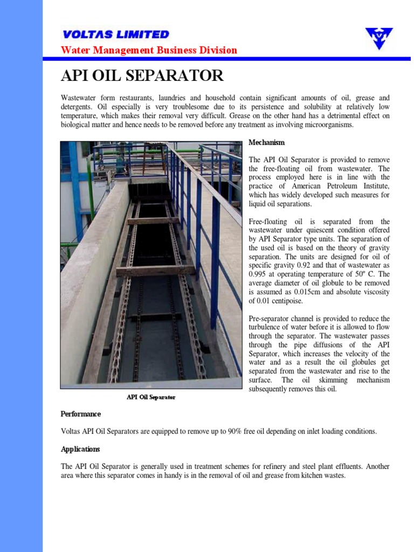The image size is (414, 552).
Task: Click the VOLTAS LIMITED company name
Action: [x=115, y=34]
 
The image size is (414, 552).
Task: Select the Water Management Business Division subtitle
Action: [x=149, y=50]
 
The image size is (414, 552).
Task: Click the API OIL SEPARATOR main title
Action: [x=142, y=75]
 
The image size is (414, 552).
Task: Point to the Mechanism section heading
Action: [x=266, y=142]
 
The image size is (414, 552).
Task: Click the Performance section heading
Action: [x=80, y=414]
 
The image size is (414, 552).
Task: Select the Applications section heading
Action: [x=80, y=449]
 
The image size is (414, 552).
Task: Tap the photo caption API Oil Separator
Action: [x=151, y=397]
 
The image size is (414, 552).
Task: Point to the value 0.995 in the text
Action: [x=258, y=274]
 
